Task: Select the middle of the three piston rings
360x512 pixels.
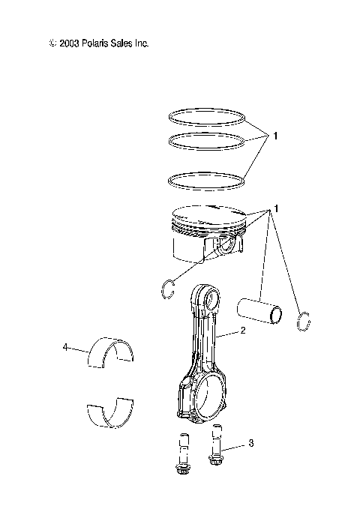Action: pos(207,140)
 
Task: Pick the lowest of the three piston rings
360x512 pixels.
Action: pos(207,180)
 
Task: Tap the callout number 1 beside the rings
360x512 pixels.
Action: pos(276,136)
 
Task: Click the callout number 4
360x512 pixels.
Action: pos(65,346)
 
